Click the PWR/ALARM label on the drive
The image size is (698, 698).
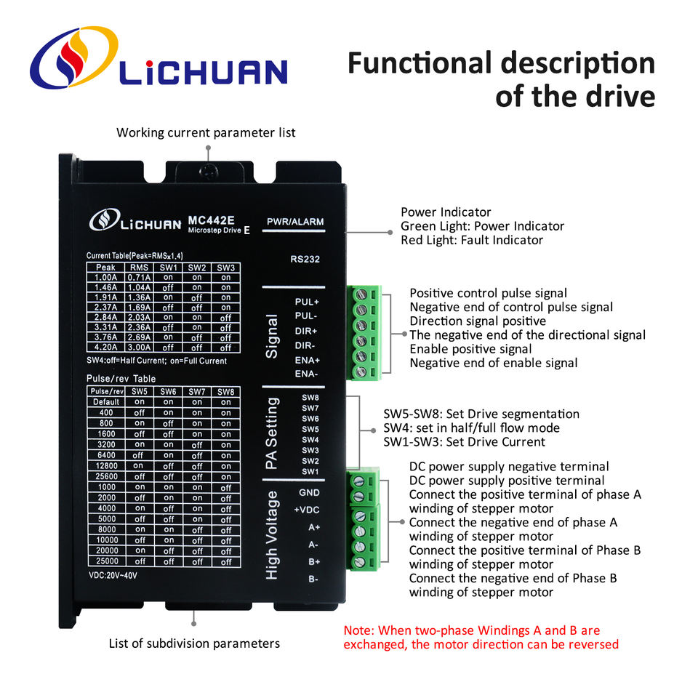295,222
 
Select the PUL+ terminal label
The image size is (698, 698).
307,301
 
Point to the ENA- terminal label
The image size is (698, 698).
307,374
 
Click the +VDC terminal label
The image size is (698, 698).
307,510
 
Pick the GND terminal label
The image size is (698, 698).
309,492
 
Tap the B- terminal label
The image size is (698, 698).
313,579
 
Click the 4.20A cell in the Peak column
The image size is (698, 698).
105,348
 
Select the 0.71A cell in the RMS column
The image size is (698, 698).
139,277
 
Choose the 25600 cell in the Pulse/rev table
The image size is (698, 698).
105,476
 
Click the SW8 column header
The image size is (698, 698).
226,391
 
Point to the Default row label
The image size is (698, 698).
105,402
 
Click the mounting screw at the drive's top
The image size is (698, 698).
208,170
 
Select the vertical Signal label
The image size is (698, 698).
273,336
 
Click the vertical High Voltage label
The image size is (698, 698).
273,534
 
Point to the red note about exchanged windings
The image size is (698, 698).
481,637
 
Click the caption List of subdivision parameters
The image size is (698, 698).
194,643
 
